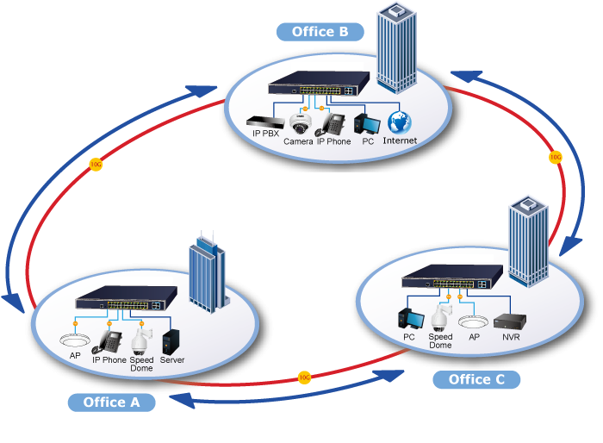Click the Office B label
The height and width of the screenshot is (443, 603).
[320, 32]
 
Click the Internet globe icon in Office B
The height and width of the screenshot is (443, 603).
[399, 122]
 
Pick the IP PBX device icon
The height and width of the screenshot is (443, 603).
[264, 122]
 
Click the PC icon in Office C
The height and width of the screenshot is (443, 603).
[408, 318]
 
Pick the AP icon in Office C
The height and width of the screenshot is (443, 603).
[474, 321]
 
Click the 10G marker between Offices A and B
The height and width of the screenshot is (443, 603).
[96, 163]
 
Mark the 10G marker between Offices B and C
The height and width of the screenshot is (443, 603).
[555, 158]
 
